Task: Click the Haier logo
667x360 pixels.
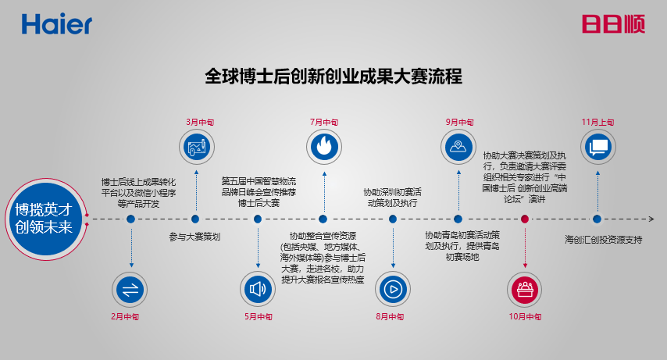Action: (x=56, y=24)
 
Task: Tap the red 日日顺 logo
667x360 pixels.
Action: (x=612, y=24)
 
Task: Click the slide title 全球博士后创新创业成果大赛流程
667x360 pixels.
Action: (x=333, y=77)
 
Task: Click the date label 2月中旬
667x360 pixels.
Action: (x=130, y=317)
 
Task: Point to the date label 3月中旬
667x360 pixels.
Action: (x=196, y=122)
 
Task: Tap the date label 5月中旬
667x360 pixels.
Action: (x=258, y=317)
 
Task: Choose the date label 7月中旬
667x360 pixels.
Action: (x=323, y=122)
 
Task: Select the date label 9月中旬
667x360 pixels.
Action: (x=459, y=122)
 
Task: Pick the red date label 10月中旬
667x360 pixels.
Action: (x=524, y=317)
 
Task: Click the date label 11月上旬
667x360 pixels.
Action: (x=597, y=122)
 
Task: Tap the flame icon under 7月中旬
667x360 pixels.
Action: (x=323, y=146)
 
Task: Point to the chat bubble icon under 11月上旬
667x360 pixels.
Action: (x=598, y=146)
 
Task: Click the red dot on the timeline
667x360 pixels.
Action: (x=525, y=219)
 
